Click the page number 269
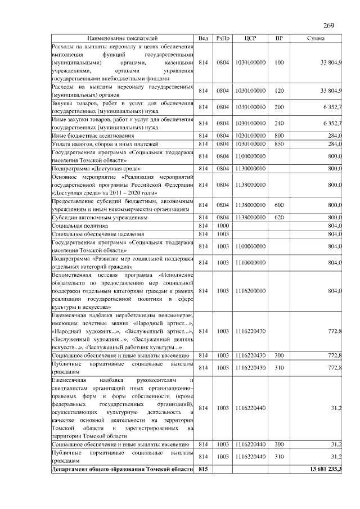tap(330, 25)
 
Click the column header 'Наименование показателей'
tap(123, 38)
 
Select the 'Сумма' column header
tap(314, 38)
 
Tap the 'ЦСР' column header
tap(251, 38)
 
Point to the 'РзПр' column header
tap(223, 38)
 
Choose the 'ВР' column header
tap(279, 38)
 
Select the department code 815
tap(203, 469)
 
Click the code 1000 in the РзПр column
tap(223, 225)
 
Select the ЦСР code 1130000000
tap(251, 168)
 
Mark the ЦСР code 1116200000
tap(251, 291)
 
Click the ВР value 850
tap(279, 144)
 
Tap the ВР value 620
tap(279, 217)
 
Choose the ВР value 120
tap(279, 91)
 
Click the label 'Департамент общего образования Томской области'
tap(123, 469)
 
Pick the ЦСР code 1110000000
tap(251, 262)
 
